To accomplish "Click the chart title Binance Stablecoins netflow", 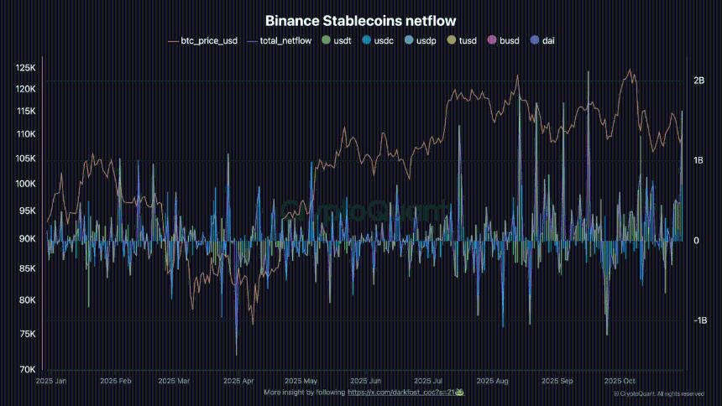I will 361,20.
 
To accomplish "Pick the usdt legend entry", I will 338,39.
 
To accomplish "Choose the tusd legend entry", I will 463,39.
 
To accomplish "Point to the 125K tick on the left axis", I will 25,68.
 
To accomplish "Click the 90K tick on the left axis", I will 28,239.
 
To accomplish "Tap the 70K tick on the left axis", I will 28,369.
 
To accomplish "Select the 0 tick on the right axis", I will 697,241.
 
